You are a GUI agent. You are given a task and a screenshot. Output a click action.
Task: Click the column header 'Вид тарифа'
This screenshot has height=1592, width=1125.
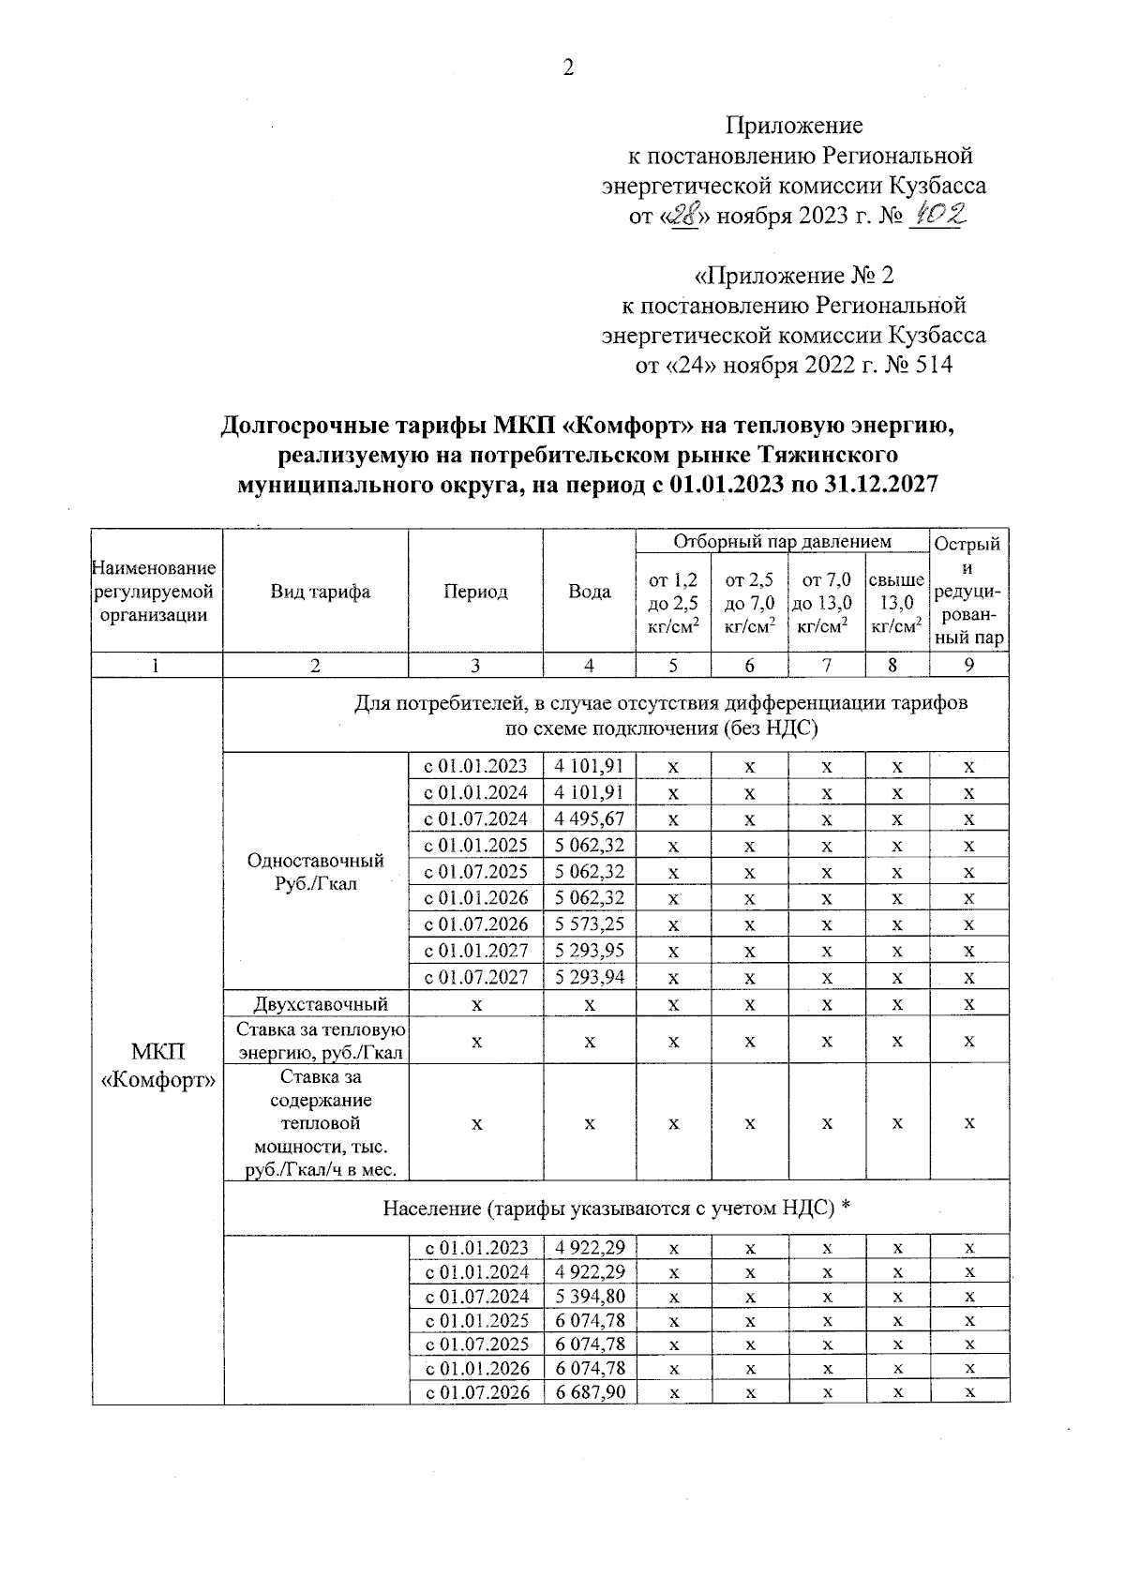coord(315,592)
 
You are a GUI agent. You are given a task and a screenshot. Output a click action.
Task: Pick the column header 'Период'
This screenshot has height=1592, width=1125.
coord(475,592)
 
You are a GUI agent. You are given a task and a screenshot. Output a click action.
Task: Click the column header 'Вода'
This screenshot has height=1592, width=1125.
coord(589,592)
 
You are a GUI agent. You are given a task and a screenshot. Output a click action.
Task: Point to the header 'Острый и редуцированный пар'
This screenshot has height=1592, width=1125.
coord(968,592)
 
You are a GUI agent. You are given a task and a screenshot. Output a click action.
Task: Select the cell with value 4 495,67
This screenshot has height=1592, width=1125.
coord(590,819)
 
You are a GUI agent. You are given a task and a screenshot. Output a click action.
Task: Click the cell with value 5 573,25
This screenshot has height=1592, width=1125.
coord(590,924)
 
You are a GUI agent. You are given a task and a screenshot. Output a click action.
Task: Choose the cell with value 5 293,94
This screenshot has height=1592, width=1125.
coord(590,977)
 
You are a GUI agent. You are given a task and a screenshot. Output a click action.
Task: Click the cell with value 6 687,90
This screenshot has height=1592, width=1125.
coord(590,1392)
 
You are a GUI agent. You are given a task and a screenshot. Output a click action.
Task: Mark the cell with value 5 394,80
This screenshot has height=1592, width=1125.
coord(590,1297)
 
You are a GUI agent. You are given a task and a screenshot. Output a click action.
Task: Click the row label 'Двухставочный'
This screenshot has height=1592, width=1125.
coord(315,1004)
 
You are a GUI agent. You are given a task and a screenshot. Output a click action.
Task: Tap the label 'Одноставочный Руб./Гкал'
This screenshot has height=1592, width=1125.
coord(315,872)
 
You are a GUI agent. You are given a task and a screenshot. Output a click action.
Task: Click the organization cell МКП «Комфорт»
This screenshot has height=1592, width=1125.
coord(157,1065)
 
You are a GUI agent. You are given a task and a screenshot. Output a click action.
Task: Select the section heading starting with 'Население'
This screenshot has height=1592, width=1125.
coord(616,1208)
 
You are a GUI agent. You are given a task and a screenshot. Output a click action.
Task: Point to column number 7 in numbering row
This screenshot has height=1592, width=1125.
coord(826,665)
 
